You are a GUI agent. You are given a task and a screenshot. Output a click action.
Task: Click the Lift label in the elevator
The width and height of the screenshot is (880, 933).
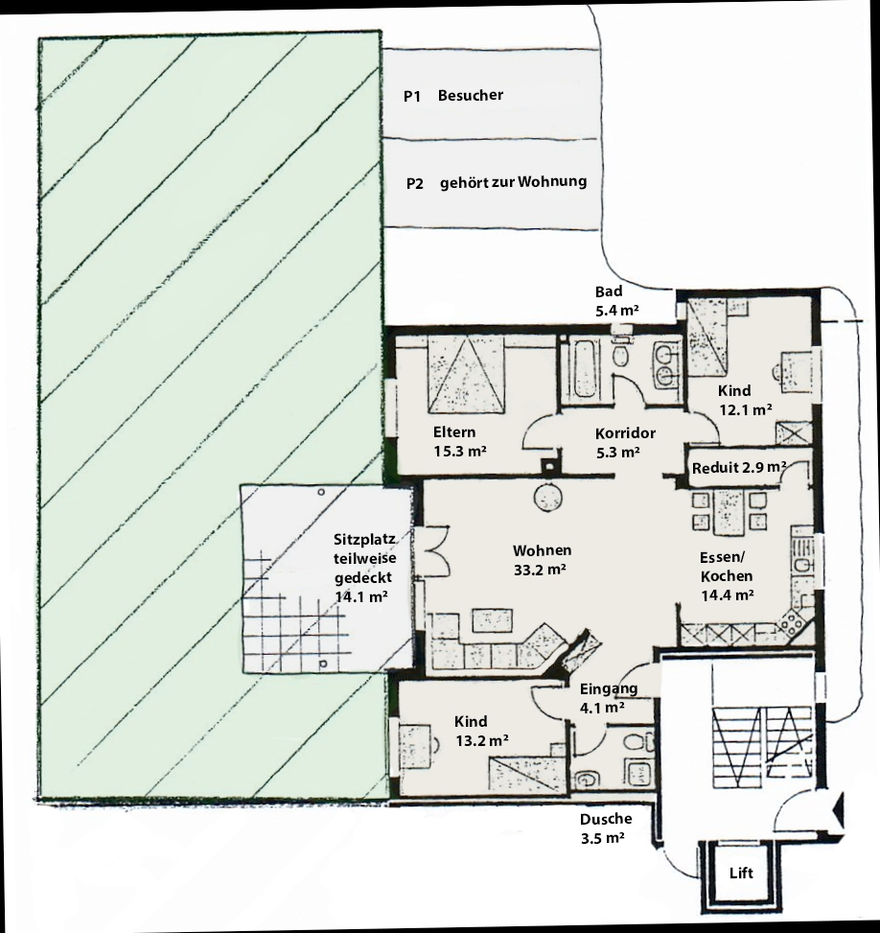click(x=741, y=873)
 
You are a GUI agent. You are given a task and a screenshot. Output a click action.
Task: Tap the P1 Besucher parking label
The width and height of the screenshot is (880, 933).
click(x=453, y=95)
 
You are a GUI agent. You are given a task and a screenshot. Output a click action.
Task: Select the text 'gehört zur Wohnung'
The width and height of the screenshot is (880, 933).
click(x=514, y=182)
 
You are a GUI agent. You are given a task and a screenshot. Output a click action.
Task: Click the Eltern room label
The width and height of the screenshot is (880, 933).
click(x=454, y=432)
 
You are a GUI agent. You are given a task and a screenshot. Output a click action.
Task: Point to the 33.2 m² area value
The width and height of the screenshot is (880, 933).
click(x=540, y=570)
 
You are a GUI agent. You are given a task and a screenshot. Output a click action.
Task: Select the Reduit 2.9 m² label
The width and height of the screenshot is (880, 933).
click(x=738, y=468)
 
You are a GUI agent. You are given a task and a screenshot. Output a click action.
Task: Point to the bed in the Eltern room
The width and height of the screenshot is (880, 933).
click(x=467, y=374)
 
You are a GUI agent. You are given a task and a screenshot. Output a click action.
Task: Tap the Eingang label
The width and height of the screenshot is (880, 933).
click(x=609, y=688)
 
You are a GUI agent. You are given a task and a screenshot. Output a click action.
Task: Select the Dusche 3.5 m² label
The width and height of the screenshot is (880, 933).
click(x=606, y=828)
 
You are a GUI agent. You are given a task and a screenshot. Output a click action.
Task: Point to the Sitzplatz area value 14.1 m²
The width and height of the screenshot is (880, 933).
click(x=361, y=596)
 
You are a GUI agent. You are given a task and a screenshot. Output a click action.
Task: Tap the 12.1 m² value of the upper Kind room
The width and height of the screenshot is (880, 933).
click(x=746, y=410)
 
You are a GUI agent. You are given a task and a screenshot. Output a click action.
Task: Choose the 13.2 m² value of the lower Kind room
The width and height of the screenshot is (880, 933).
click(x=482, y=741)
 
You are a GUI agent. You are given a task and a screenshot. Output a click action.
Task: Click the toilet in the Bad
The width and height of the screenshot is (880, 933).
click(x=621, y=354)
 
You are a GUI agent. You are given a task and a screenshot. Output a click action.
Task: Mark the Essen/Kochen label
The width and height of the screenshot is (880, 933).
click(x=727, y=567)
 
